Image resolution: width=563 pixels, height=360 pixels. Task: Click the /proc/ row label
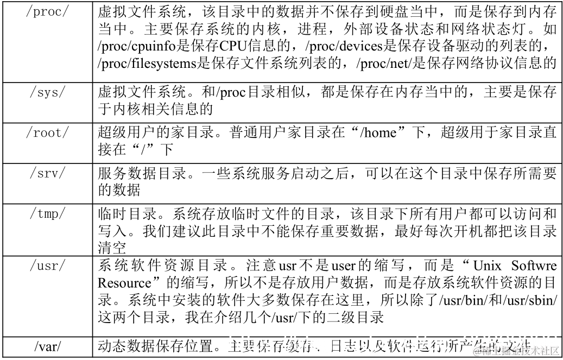click(x=48, y=11)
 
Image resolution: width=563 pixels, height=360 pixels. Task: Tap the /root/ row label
click(x=48, y=133)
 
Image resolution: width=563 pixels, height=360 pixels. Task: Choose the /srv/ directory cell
click(x=48, y=173)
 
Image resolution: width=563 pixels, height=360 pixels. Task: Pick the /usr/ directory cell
click(x=48, y=266)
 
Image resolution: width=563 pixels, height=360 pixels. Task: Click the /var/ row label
click(x=48, y=345)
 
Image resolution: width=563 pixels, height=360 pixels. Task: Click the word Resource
click(x=124, y=283)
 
